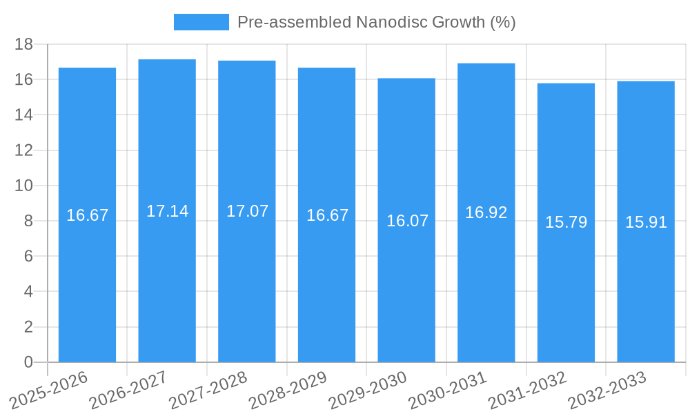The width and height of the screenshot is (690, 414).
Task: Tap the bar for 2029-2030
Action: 406,276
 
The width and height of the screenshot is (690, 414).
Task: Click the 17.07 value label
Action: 247,211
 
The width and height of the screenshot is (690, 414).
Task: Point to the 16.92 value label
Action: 486,213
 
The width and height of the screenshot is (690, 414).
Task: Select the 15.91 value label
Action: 646,222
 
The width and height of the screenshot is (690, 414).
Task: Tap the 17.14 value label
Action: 167,211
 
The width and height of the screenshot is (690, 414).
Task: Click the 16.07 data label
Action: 407,221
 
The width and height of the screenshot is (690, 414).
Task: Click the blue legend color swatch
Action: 201,22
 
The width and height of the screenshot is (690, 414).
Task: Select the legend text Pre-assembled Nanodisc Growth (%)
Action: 376,22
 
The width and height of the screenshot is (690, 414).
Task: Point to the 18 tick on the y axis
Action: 24,44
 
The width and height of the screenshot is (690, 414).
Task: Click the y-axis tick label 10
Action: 24,186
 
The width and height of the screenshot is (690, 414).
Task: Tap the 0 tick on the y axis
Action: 28,362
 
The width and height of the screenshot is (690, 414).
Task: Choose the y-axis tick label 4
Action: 28,291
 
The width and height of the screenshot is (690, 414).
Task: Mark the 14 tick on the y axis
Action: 24,115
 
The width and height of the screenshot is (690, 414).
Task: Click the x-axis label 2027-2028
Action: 208,391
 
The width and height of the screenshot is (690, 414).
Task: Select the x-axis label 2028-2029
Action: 288,391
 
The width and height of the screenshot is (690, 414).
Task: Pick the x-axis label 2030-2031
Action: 447,391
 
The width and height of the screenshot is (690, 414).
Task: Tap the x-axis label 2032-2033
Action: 607,391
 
